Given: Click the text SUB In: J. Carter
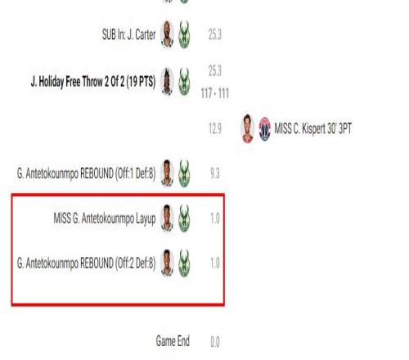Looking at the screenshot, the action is (128, 34).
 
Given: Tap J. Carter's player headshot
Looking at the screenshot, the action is (167, 34).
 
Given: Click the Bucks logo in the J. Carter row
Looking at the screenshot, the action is (184, 34).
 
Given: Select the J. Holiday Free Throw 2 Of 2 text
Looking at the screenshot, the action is (93, 81).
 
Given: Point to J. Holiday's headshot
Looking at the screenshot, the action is (167, 81).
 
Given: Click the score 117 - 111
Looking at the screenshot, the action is (215, 93).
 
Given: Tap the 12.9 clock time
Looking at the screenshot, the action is (215, 128).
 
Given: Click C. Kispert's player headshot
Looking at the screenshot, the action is (248, 128).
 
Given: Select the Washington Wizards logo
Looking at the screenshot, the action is (264, 128).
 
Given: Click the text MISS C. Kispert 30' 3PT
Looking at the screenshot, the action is (312, 128).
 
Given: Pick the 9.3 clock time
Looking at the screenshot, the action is (215, 173).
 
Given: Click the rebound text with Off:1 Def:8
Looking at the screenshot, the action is (86, 173).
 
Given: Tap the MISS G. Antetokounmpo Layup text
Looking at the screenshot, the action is (105, 218).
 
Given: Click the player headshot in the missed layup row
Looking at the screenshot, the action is (167, 218).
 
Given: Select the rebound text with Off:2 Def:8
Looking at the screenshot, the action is (86, 263).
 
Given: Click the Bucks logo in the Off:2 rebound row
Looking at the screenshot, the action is (184, 263).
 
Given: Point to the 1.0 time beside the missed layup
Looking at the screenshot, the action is (215, 218).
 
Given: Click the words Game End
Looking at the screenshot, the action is (173, 341).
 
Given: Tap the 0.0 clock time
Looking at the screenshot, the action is (215, 342).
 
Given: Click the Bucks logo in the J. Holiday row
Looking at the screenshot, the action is (184, 82).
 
